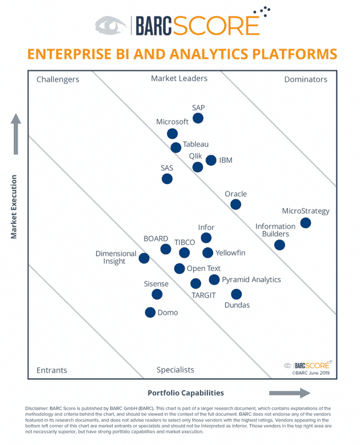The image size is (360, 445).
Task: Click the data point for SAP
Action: coord(198,118)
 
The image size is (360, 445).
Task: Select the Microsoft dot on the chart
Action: coord(172,134)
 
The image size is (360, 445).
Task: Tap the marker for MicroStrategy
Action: coord(306,223)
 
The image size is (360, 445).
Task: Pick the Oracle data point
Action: coord(235,205)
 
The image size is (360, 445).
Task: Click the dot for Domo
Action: coord(150,312)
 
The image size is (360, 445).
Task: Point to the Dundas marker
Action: coord(237,294)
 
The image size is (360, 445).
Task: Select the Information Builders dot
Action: coord(279,245)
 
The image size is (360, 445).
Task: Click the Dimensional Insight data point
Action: coord(144,258)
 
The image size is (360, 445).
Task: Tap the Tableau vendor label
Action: coord(195,145)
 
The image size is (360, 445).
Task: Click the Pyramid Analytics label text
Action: coord(251,280)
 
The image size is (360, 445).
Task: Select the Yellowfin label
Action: coord(230,252)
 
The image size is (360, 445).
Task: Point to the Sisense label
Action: coord(156,283)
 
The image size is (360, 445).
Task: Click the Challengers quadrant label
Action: coord(58,79)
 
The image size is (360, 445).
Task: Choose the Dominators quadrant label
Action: coord(306,79)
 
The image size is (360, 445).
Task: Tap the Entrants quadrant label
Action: coord(51,370)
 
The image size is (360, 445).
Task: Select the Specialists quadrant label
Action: coord(175,370)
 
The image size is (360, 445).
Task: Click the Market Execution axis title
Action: coord(14,207)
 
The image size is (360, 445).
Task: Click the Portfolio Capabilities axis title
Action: coord(186,393)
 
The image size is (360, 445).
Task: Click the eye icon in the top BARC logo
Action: coord(112,25)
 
